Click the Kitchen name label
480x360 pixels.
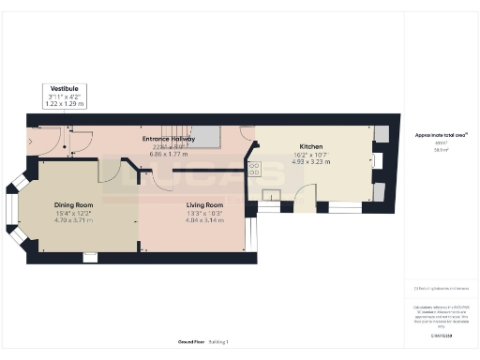click(x=311, y=146)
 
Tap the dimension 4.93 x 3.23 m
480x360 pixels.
click(x=311, y=161)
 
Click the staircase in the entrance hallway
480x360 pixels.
click(x=197, y=137)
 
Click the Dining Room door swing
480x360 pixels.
click(x=109, y=172)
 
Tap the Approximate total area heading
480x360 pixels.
click(x=441, y=135)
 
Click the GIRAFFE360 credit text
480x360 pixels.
click(x=441, y=335)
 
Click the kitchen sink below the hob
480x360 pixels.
click(x=272, y=196)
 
